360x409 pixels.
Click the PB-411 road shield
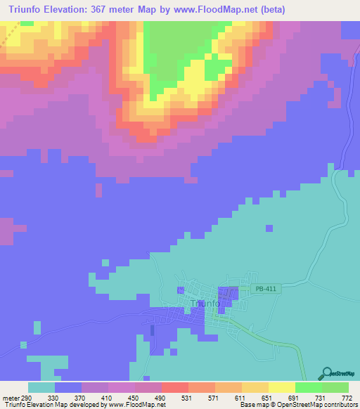click(x=263, y=289)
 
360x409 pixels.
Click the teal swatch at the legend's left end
click(x=41, y=387)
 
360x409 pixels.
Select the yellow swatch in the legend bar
click(x=281, y=387)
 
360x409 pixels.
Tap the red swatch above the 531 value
click(x=174, y=387)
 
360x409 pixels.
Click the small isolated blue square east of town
click(x=269, y=227)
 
